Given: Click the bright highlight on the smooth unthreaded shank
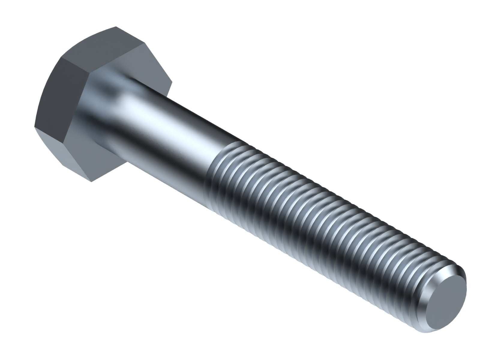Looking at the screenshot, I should pyautogui.click(x=168, y=120).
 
